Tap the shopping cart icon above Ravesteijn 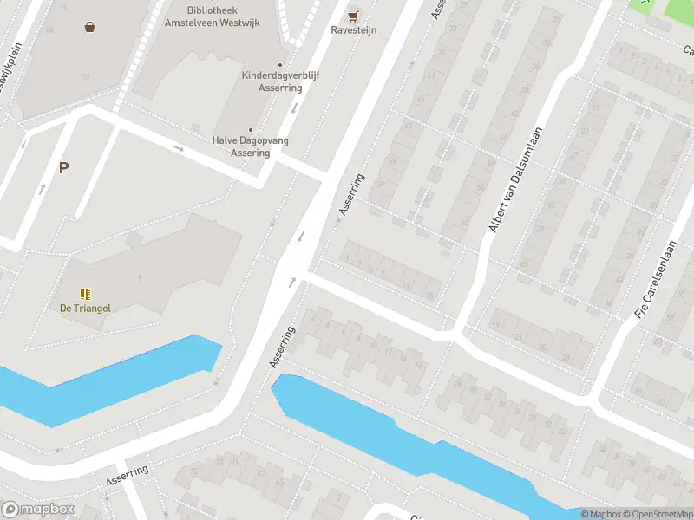(352, 16)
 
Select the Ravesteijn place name (352, 29)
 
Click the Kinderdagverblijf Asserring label (279, 81)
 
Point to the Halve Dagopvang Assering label (251, 146)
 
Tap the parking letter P (63, 167)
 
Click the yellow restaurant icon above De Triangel (85, 294)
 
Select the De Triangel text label (85, 308)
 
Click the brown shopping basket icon (89, 26)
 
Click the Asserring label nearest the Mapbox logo (127, 476)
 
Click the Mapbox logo (38, 510)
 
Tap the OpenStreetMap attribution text (655, 514)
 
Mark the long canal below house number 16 (416, 442)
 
